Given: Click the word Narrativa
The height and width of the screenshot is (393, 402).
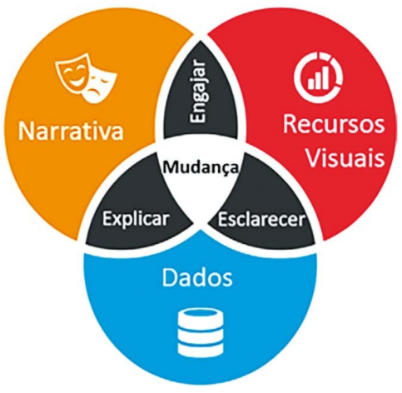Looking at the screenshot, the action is tap(71, 131).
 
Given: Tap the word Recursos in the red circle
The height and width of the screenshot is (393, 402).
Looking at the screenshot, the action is tap(334, 124).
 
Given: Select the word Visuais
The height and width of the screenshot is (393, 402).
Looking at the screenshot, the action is tap(346, 158).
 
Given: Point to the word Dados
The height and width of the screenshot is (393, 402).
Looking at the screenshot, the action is tap(197, 277).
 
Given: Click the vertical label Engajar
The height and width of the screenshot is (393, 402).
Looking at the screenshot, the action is tap(199, 92).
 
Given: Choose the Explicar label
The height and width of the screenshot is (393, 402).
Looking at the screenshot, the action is tap(136, 219).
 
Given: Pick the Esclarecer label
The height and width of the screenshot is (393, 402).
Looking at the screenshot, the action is tap(261, 219).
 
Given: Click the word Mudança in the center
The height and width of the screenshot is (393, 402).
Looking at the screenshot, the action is tap(201, 167).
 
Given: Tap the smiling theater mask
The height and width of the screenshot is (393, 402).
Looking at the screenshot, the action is tap(73, 72).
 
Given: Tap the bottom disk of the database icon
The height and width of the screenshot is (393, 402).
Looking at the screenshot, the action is tap(200, 349).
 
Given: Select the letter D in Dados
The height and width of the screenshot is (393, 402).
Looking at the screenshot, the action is tap(170, 278).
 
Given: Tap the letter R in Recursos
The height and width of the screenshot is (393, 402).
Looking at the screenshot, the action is tap(290, 124).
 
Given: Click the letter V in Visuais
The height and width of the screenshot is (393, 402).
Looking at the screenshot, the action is tap(314, 158).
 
